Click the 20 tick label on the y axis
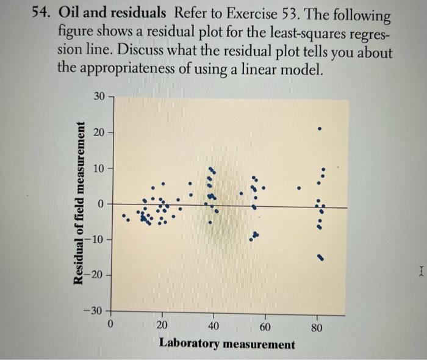pos(99,131)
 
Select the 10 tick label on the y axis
pos(99,167)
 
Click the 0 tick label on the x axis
pos(110,325)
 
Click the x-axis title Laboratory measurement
pos(226,344)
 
